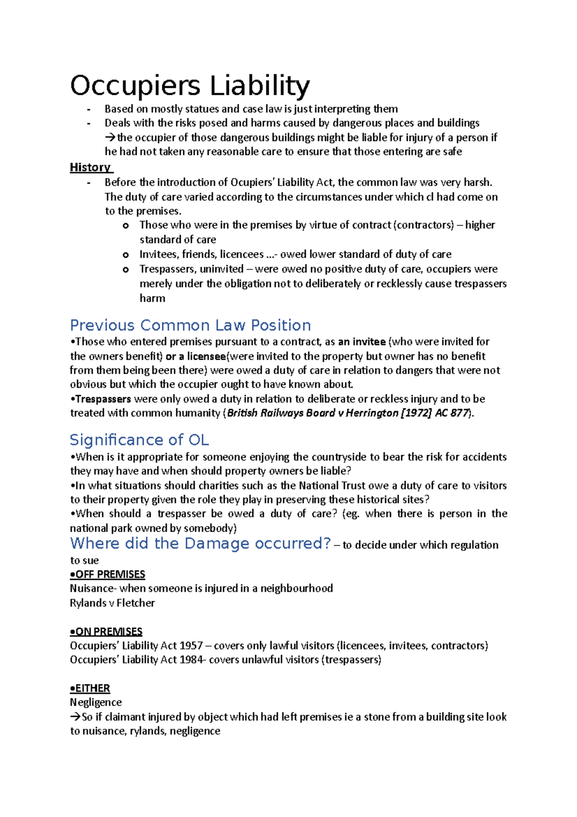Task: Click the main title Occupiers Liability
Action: pos(190,86)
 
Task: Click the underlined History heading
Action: pos(90,167)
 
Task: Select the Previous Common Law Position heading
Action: pos(190,325)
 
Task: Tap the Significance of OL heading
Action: pos(139,440)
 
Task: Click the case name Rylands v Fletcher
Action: pos(113,603)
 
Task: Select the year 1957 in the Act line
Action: pos(191,646)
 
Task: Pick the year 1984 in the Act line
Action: pos(191,660)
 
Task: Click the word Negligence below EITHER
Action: pos(96,702)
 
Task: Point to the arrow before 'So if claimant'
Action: pos(75,717)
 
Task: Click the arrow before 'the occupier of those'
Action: pos(111,138)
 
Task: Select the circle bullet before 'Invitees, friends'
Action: pos(125,255)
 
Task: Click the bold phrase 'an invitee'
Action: pos(362,342)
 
